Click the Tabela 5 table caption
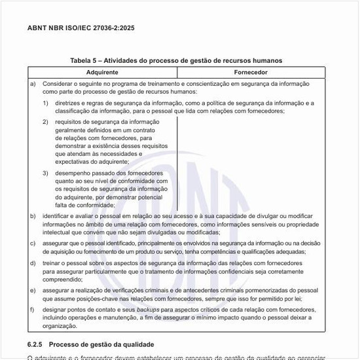tap(176, 60)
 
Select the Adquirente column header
tap(102, 72)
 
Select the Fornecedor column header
tap(250, 72)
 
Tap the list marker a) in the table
tap(33, 84)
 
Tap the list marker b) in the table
tap(33, 215)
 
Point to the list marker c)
tap(33, 243)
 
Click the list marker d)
tap(33, 262)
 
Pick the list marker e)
tap(33, 290)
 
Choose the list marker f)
tap(33, 309)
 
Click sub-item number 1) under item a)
tap(46, 103)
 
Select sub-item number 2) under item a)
tap(46, 122)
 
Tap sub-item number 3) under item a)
tap(46, 173)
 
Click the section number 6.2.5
tap(35, 344)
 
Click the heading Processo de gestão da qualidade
tap(101, 344)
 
